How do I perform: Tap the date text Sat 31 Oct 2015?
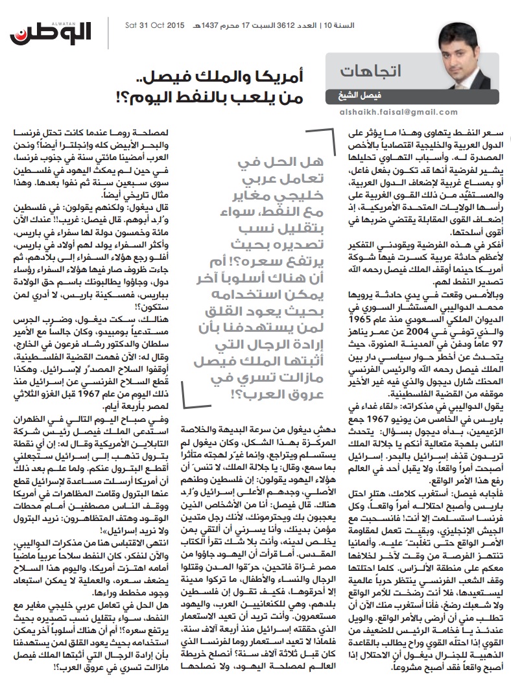pyautogui.click(x=154, y=25)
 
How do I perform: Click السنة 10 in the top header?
pyautogui.click(x=484, y=25)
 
